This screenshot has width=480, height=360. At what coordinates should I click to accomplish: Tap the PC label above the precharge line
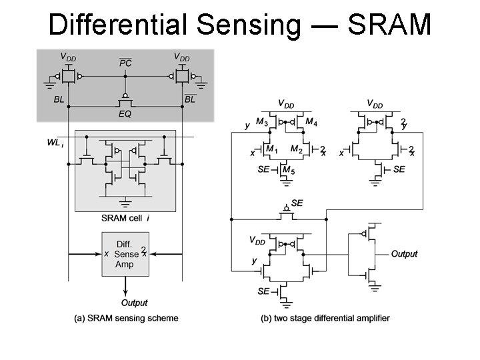point(125,63)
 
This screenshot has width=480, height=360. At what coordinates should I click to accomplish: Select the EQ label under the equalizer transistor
point(125,114)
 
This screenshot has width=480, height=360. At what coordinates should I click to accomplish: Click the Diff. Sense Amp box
point(125,253)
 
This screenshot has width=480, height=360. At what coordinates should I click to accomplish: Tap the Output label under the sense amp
point(134,303)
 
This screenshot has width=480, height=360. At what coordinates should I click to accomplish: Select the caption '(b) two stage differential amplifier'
point(325,318)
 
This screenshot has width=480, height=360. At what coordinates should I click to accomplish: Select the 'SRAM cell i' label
point(125,218)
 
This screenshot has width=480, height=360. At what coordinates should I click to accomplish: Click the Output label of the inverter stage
point(404,253)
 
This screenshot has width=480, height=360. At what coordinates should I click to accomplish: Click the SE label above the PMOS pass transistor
point(297,202)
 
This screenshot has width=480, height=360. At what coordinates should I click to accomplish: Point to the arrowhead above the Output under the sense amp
point(125,291)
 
